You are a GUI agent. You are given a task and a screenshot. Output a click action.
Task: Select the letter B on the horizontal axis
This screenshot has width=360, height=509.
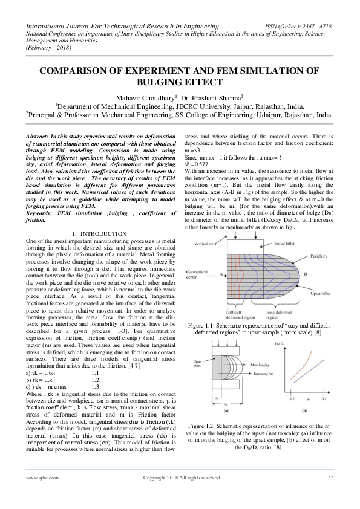(x=313, y=273)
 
